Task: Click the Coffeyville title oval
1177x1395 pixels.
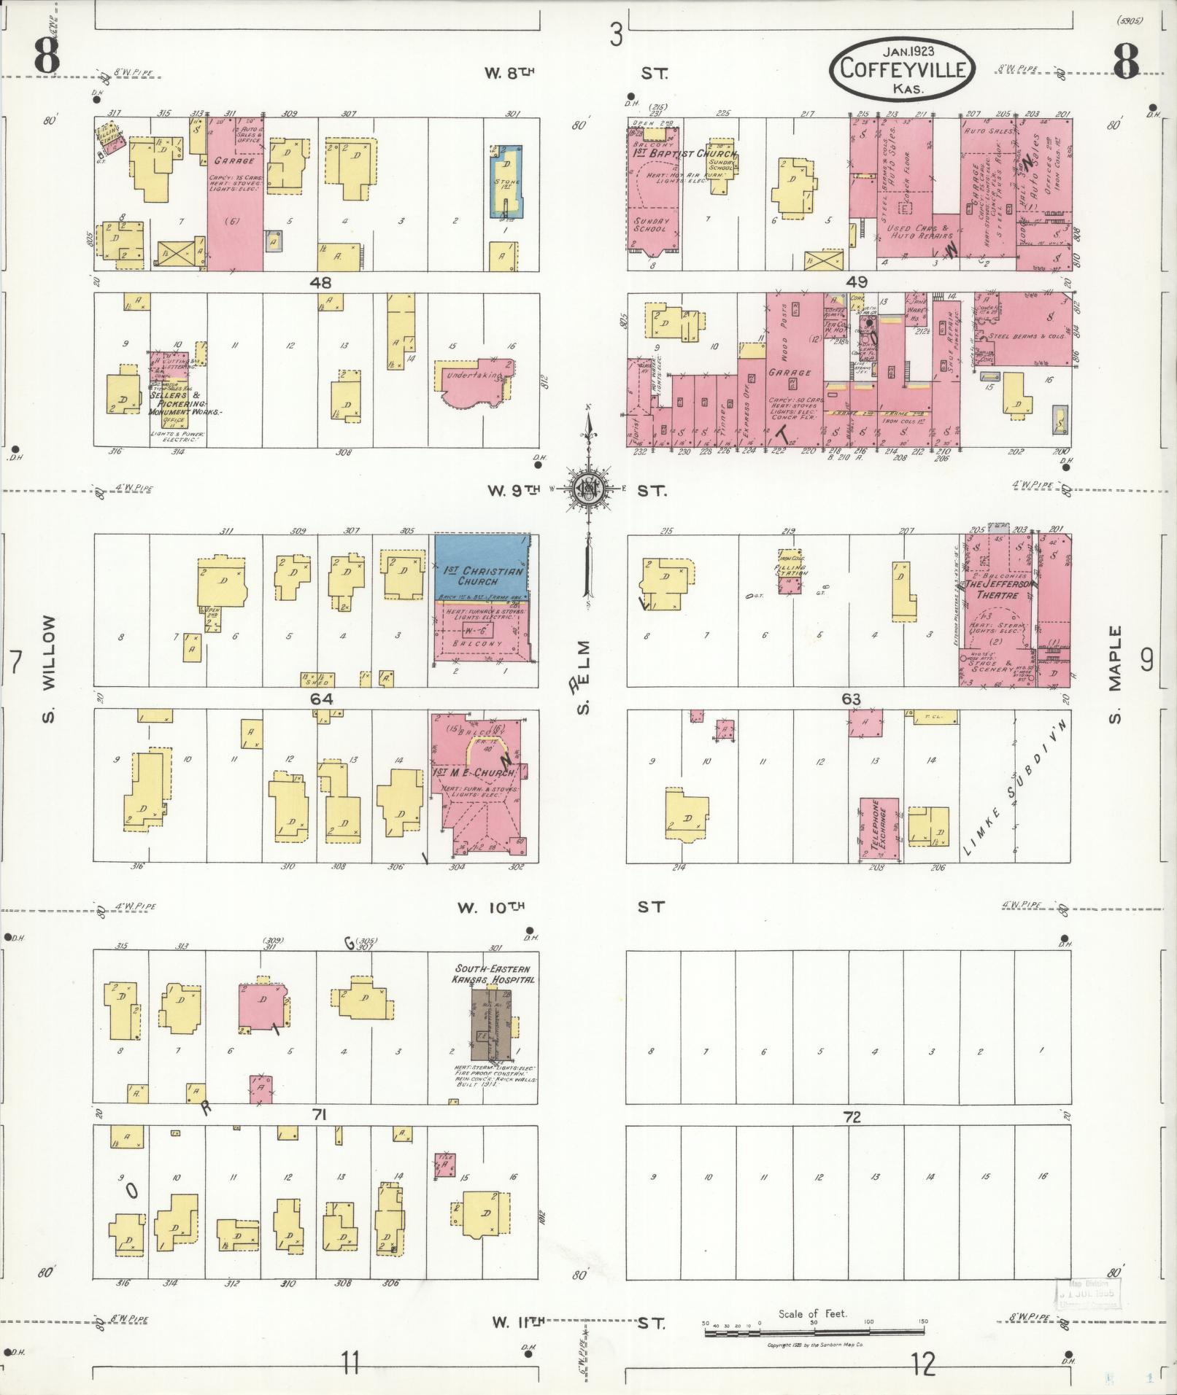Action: pyautogui.click(x=902, y=70)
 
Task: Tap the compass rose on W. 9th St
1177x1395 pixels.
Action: pyautogui.click(x=587, y=489)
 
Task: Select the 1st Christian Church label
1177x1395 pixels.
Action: pyautogui.click(x=482, y=576)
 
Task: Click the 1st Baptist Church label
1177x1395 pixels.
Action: pyautogui.click(x=684, y=154)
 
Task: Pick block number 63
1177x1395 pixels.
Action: pyautogui.click(x=851, y=699)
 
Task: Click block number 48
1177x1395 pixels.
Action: pyautogui.click(x=320, y=282)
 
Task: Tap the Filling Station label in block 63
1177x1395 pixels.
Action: pyautogui.click(x=790, y=570)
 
